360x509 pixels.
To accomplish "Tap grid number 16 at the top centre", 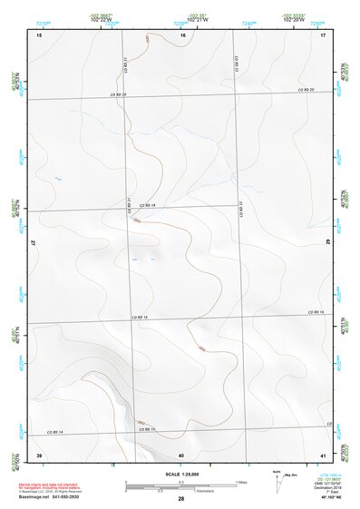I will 183,34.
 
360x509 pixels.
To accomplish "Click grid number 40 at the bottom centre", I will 181,454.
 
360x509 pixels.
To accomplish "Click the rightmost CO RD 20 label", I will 306,90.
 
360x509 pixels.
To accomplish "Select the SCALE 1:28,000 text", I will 181,474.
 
